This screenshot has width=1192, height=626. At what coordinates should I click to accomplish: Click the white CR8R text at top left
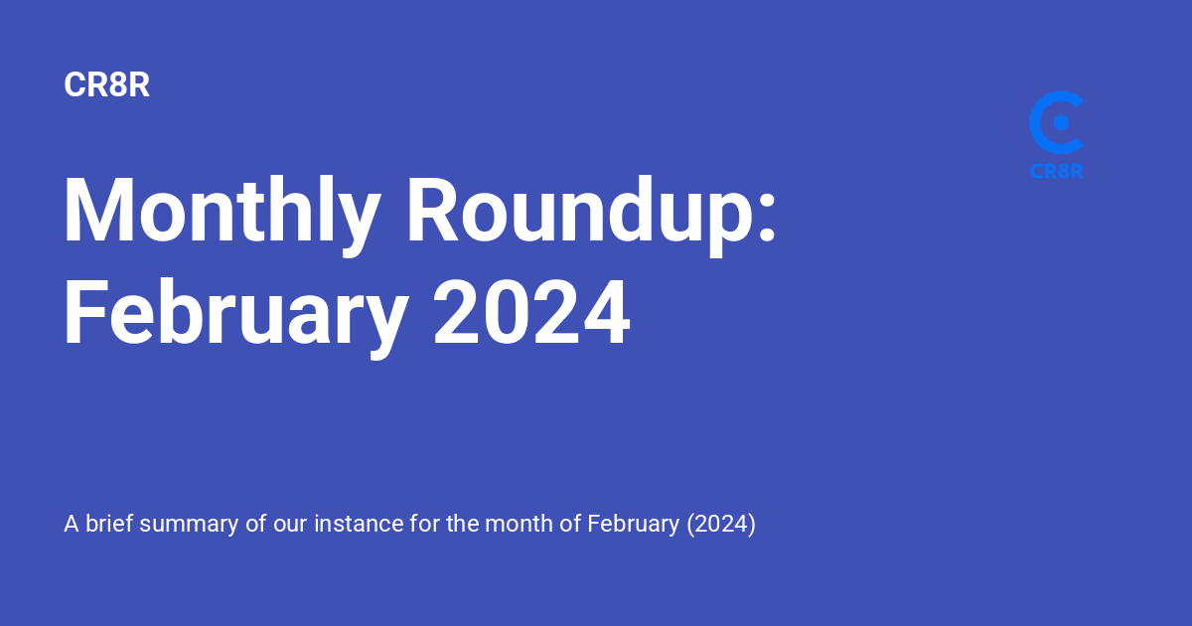click(106, 84)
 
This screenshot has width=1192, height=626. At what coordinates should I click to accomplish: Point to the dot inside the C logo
click(1061, 122)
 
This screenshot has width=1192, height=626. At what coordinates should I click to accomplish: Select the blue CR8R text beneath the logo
click(1056, 171)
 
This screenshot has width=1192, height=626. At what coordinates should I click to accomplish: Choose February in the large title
click(236, 314)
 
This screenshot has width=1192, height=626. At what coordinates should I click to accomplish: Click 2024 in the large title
click(531, 312)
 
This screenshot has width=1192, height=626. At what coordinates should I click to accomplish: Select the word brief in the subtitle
click(109, 524)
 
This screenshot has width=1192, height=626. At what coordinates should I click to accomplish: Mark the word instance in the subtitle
click(360, 524)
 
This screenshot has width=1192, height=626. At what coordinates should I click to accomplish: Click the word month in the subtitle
click(519, 524)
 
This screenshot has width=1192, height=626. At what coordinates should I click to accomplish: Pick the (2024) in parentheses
click(721, 525)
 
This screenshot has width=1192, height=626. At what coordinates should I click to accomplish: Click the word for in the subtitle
click(425, 524)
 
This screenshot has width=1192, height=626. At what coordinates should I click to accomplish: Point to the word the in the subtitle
click(463, 524)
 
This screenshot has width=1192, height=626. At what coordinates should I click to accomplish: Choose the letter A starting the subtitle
click(72, 524)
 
